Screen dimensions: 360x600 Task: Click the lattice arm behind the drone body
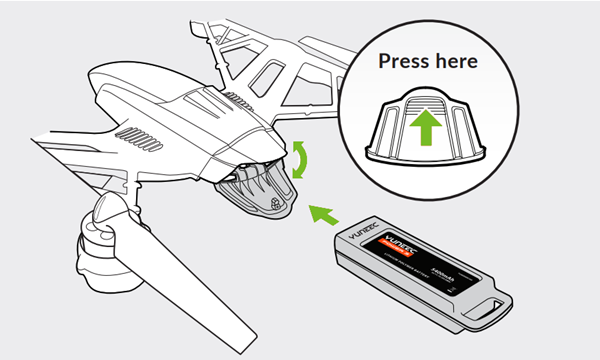point(270,60)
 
